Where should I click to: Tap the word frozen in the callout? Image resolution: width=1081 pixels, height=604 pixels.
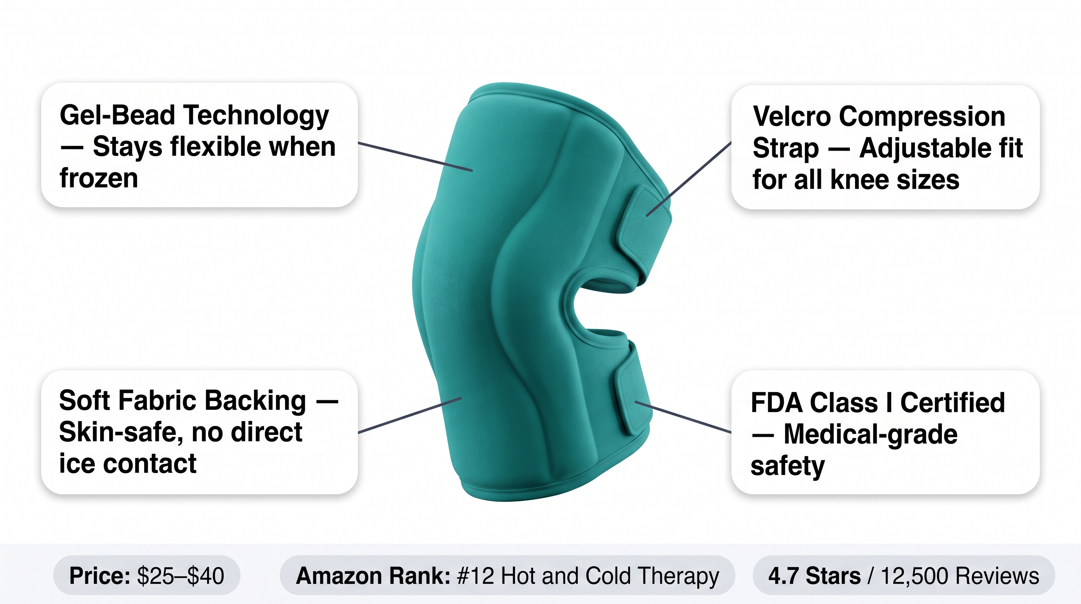99,178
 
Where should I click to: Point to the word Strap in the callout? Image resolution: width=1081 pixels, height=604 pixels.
786,149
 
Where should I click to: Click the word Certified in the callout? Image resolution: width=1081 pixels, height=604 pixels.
953,403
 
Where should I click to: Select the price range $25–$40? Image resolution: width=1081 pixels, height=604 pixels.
180,575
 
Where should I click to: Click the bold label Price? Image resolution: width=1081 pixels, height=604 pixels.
100,575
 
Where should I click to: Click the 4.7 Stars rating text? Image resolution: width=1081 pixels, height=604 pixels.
815,575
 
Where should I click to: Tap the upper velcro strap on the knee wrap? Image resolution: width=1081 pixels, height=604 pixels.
644,231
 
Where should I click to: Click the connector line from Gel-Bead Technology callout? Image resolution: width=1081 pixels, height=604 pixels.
415,157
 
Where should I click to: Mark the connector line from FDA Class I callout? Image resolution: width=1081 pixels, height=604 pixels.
683,417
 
